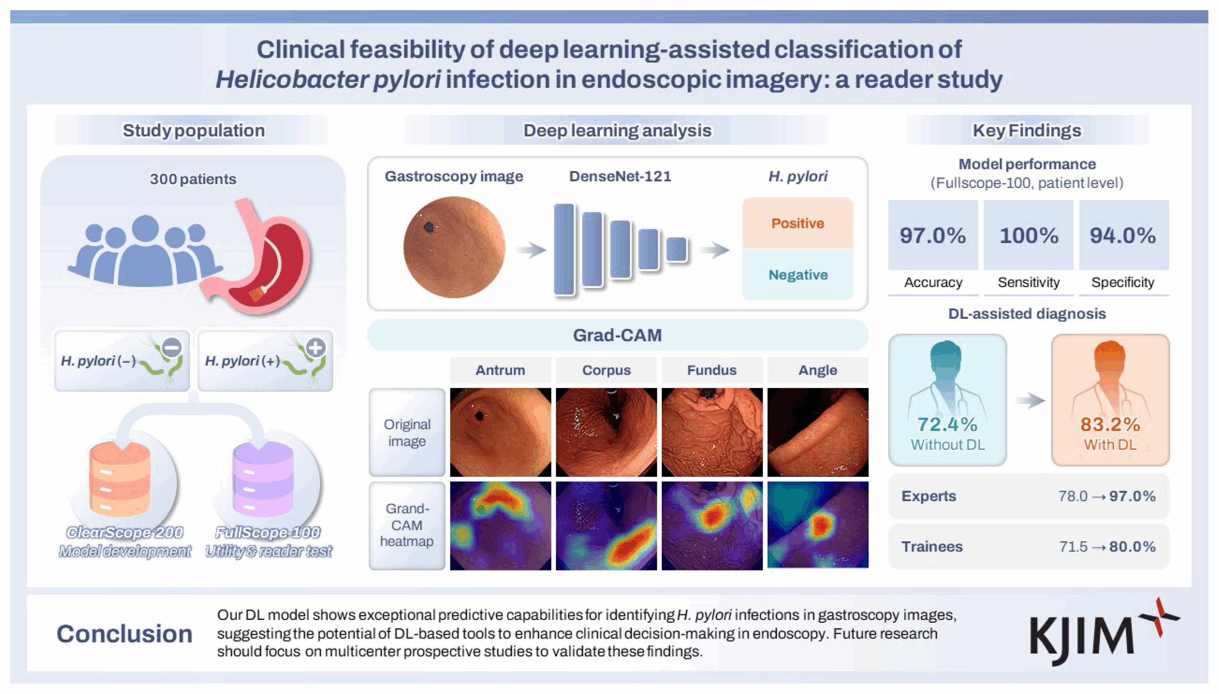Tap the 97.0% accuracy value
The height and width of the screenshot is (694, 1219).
click(933, 236)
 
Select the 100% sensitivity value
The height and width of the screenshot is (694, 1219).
click(1029, 236)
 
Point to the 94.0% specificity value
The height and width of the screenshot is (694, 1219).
click(1122, 236)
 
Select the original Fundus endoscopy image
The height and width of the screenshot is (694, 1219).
click(712, 432)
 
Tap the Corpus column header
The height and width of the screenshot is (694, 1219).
click(607, 370)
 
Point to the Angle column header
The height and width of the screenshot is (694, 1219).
click(818, 370)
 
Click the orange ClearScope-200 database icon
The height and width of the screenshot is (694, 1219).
click(120, 479)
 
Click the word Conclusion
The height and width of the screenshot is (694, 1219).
click(125, 634)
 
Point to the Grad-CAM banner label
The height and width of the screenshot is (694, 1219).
click(617, 335)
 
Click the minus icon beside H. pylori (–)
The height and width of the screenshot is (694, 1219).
click(172, 347)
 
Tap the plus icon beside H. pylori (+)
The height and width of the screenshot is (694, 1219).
click(316, 347)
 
